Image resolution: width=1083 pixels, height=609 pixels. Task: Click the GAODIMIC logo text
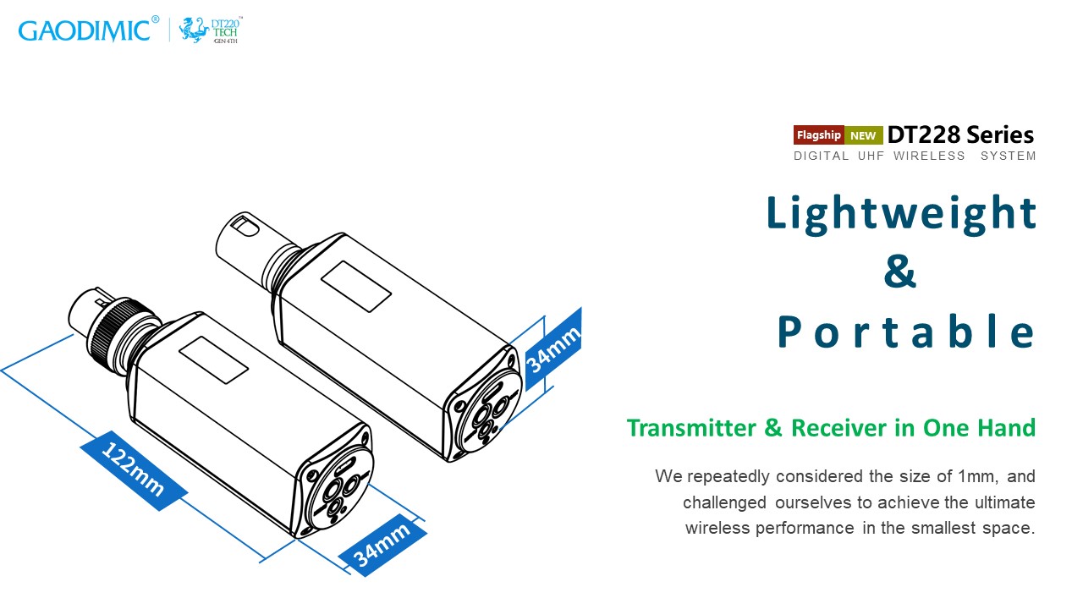pos(85,30)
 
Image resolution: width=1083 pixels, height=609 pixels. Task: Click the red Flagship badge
pos(818,135)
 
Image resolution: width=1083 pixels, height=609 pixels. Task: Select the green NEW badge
pos(863,135)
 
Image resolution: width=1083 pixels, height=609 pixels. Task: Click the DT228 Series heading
pos(960,134)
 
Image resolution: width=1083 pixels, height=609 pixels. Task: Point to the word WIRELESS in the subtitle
pos(929,156)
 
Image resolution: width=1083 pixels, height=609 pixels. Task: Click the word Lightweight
pos(901,212)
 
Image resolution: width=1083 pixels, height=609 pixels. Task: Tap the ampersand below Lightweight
pos(900,272)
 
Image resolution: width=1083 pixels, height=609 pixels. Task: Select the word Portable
pos(906,332)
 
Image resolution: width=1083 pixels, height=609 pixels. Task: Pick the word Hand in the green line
pos(1012,428)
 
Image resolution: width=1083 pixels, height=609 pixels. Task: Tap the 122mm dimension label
pos(133,470)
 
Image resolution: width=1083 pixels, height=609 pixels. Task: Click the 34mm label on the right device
pos(553,349)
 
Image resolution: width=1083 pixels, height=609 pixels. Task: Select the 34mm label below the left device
pos(382,544)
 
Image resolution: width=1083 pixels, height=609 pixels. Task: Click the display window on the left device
pos(217,360)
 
